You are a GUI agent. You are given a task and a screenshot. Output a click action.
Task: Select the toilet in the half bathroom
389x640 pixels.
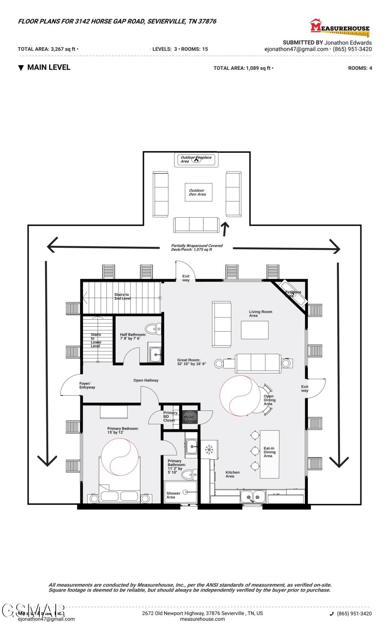tap(153, 329)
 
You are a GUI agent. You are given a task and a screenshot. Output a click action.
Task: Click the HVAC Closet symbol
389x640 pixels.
tap(189, 417)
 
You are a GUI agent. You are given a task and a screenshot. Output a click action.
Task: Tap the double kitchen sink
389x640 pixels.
tap(253, 497)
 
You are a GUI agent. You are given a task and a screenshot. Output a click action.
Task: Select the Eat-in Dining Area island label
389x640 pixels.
tap(269, 452)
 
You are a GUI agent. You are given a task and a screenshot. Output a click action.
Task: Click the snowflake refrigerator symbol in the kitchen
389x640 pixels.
tap(209, 449)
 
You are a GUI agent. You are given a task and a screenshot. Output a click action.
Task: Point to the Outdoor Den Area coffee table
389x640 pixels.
tap(198, 192)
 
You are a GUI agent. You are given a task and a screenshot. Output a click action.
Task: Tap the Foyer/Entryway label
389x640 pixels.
tap(87, 385)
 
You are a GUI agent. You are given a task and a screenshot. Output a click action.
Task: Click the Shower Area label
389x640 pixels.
tap(173, 495)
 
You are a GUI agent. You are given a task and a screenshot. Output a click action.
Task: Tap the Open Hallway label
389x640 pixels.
tap(146, 380)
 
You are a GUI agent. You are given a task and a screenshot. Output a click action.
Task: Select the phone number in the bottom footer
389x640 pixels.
tap(354, 613)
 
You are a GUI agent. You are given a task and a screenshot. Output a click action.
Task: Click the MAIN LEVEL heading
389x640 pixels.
tap(48, 67)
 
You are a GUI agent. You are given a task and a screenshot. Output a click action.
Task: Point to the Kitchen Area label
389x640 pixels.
tap(232, 474)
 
